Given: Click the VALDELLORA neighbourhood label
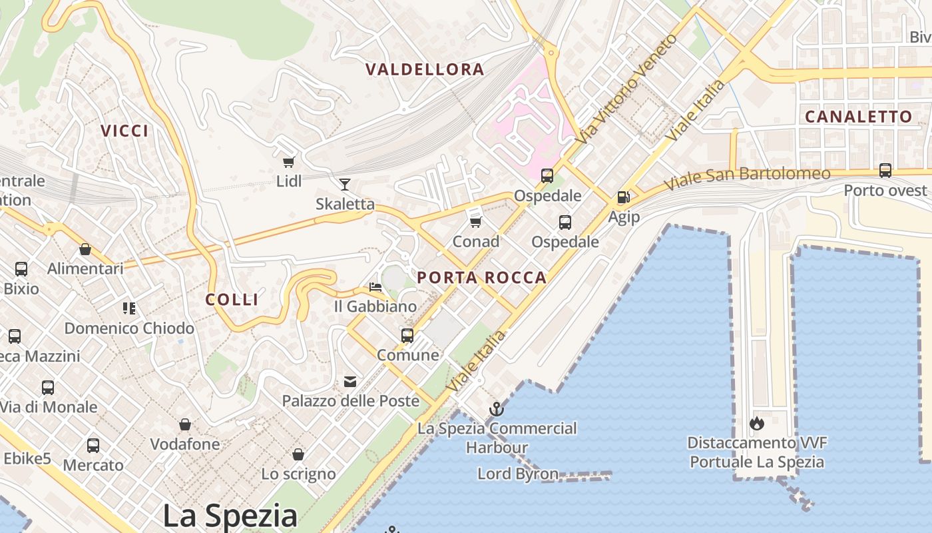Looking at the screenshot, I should (425, 69).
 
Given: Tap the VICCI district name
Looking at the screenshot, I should (124, 131).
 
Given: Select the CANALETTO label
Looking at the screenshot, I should (858, 117).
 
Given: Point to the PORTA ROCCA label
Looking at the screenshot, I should (481, 278).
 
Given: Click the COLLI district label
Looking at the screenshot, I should (232, 299).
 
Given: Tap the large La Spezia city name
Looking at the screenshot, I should (230, 515).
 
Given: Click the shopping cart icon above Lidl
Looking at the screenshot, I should (289, 162).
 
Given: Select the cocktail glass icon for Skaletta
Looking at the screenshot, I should (345, 185).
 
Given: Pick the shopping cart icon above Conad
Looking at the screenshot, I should (475, 222).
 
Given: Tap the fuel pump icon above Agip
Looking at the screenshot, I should (624, 197).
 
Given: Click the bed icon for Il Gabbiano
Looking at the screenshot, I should (375, 287).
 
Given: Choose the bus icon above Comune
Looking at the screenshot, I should (407, 335).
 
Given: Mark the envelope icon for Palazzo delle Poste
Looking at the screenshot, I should (350, 382).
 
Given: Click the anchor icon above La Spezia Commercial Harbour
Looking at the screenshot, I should (497, 408).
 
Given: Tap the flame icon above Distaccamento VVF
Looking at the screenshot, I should (756, 423).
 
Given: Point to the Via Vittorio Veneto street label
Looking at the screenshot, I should (627, 88).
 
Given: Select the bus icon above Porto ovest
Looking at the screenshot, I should (885, 171).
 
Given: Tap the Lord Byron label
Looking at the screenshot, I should (517, 474).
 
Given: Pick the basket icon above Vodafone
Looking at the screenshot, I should (185, 424).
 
